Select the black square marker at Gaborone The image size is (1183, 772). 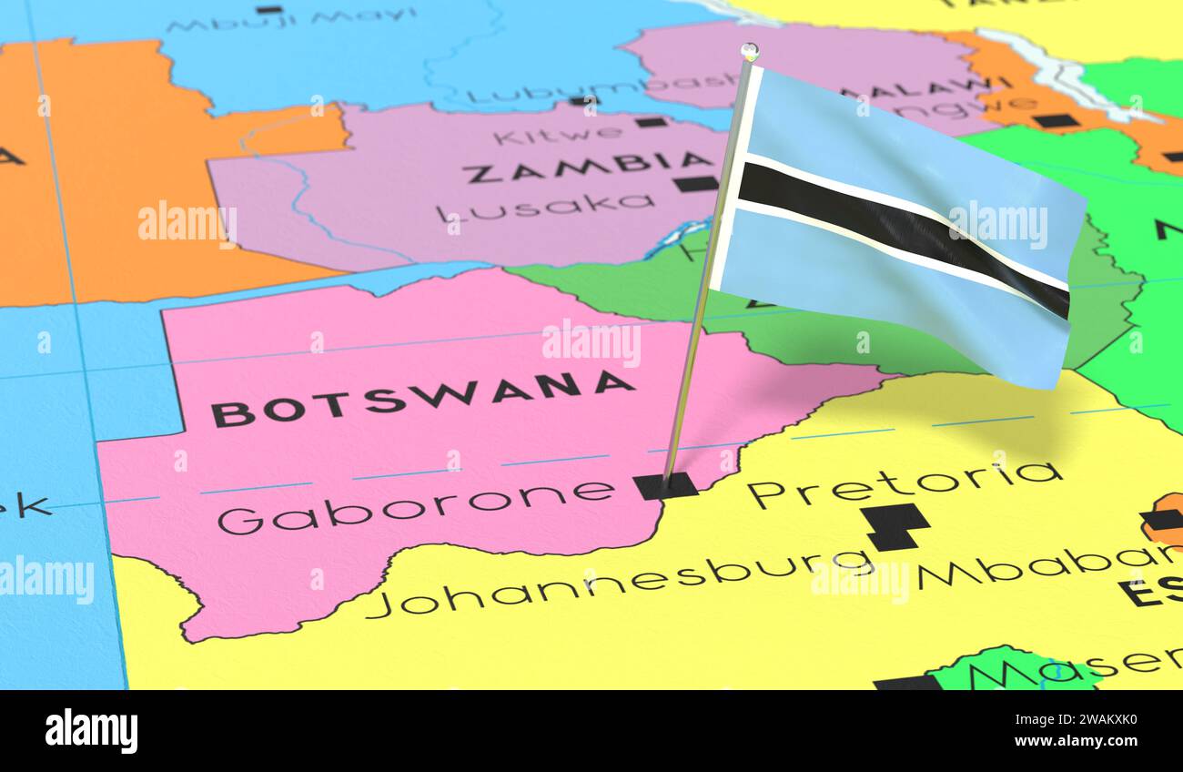(x=665, y=486)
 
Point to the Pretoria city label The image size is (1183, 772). (x=905, y=482)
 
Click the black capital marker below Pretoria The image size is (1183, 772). (x=895, y=526)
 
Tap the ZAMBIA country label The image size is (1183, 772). (x=587, y=166)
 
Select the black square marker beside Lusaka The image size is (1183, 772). (x=696, y=183)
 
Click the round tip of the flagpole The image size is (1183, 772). (x=749, y=50)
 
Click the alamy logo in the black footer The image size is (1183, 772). (x=91, y=731)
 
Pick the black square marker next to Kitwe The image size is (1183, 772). (x=651, y=122)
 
